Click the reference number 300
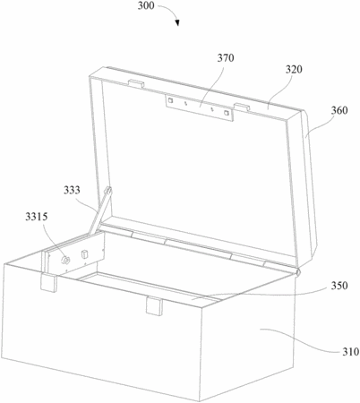[x=146, y=5]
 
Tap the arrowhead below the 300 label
[x=177, y=22]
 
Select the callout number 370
[x=226, y=58]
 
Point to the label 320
[x=294, y=69]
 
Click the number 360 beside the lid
[x=339, y=110]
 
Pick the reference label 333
[x=72, y=190]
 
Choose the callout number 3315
[x=36, y=217]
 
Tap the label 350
[x=339, y=286]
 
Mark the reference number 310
[x=350, y=352]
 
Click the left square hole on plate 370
[x=170, y=100]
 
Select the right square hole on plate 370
[x=227, y=113]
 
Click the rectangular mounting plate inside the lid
[x=200, y=107]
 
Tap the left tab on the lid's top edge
[x=136, y=83]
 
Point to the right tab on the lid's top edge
[x=242, y=107]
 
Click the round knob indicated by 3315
[x=65, y=260]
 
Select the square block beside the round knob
[x=84, y=254]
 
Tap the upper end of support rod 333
[x=109, y=190]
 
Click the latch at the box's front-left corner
[x=48, y=282]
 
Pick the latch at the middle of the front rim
[x=154, y=306]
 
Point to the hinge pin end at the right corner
[x=297, y=271]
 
